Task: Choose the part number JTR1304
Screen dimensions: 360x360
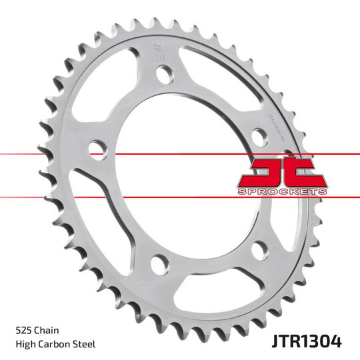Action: coord(307,343)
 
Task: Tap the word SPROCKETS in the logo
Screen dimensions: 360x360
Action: coord(282,192)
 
